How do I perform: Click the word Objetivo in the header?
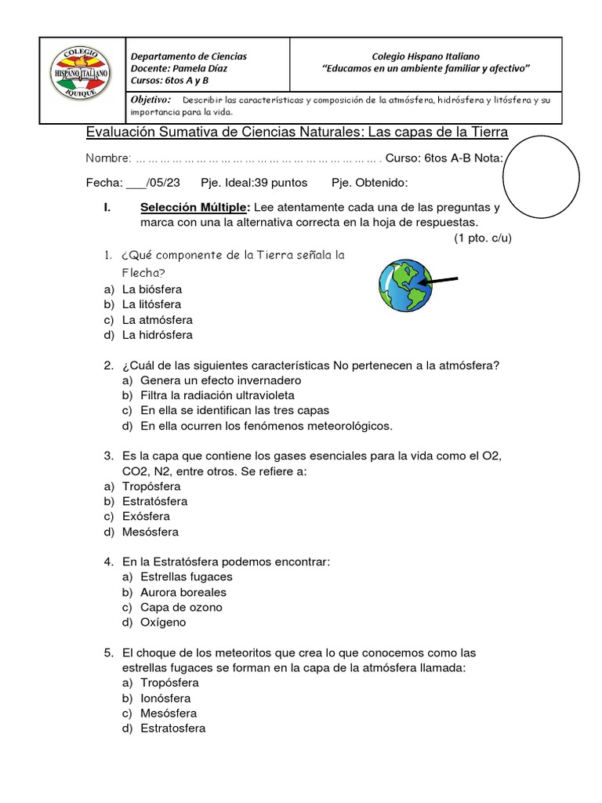pos(150,100)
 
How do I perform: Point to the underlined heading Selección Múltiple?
pos(194,208)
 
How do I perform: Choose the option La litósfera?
pos(151,304)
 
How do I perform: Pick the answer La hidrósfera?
pos(157,335)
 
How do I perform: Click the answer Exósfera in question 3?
pos(146,517)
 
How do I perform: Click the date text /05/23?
pos(163,183)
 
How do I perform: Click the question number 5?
pos(109,652)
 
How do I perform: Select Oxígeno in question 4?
pos(163,623)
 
